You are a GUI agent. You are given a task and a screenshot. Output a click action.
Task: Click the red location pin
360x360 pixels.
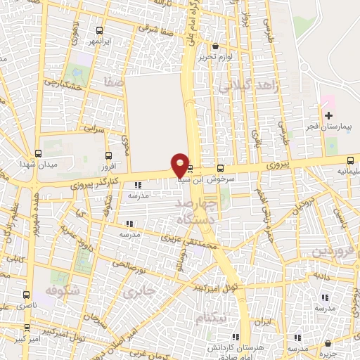pyautogui.click(x=180, y=164)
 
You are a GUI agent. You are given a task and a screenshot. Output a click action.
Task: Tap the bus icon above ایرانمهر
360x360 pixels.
pyautogui.click(x=99, y=30)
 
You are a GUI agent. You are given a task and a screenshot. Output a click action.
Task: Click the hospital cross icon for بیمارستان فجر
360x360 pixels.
pyautogui.click(x=328, y=115)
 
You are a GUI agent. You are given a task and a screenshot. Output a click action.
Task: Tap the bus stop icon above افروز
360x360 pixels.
pyautogui.click(x=108, y=155)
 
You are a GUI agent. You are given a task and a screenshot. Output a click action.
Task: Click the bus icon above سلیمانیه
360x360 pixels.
pyautogui.click(x=350, y=160)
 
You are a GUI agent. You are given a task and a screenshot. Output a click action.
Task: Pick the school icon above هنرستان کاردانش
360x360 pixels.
pyautogui.click(x=235, y=337)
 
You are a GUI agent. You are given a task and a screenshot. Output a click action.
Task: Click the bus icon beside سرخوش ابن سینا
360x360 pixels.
pyautogui.click(x=221, y=168)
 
